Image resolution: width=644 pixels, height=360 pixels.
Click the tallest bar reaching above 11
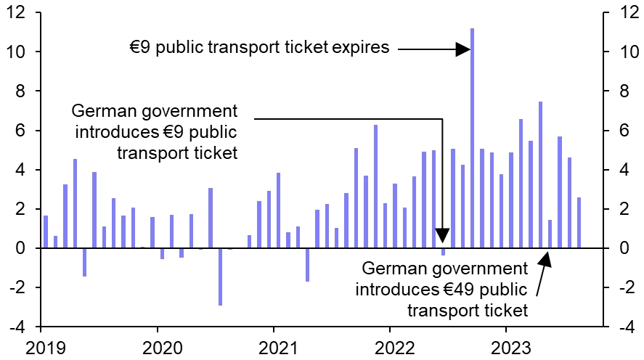472,138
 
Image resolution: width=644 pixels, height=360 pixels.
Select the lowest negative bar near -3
220,277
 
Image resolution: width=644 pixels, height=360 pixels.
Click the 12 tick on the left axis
16,12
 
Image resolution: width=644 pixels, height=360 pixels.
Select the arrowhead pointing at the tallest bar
462,49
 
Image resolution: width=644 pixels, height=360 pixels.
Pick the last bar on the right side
579,223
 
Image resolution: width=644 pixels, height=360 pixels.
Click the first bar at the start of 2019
46,232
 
